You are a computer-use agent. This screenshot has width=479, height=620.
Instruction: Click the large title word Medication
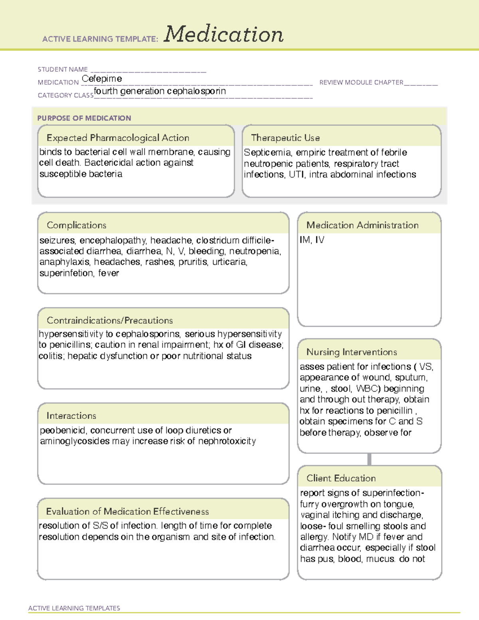pos(224,34)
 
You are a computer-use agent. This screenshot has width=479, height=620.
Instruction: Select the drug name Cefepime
pos(102,79)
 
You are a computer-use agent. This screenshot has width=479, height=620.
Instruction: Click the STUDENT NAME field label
pos(63,69)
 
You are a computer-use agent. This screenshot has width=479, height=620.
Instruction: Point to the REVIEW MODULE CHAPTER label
pos(361,82)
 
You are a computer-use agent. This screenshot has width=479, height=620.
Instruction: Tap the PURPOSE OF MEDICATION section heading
pos(84,118)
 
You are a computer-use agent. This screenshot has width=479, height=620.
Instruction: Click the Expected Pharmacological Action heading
pos(118,138)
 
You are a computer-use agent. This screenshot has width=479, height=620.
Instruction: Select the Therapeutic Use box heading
pos(285,138)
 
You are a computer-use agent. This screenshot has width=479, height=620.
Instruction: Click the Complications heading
pos(76,225)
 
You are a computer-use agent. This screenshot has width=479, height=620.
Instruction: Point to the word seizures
pos(57,240)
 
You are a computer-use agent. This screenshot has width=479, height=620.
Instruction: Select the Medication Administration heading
pos(362,225)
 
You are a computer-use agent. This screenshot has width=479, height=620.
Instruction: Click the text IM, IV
pos(312,240)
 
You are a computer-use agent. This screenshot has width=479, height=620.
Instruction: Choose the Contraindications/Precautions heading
pos(110,320)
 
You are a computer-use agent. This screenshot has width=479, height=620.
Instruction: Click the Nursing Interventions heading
pos(352,352)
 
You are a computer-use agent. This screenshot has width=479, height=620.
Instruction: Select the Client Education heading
pos(341,478)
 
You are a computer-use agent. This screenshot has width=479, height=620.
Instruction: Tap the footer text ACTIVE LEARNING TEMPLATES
pos(74,608)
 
